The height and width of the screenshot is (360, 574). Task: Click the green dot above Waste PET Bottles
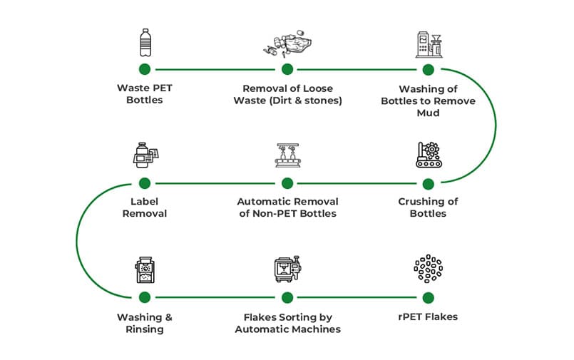(145, 69)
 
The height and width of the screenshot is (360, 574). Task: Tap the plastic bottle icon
(145, 42)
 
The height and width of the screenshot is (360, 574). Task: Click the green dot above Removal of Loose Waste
(287, 69)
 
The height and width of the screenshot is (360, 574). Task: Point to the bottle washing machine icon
(428, 44)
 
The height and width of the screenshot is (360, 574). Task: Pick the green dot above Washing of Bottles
(428, 69)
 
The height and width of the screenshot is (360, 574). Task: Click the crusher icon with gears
(428, 155)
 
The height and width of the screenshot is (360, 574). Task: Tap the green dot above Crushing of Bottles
(428, 183)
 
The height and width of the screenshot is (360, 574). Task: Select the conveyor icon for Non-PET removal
(287, 155)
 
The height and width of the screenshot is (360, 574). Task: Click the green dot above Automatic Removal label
(287, 183)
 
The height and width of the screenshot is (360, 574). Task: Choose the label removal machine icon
(145, 155)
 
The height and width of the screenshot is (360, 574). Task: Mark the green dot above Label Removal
(145, 183)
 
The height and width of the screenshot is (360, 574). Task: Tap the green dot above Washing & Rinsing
(145, 297)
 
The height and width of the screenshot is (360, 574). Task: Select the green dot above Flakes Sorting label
(287, 297)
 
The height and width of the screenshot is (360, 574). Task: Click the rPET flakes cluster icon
(428, 268)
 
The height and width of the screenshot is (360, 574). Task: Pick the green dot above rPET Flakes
(428, 297)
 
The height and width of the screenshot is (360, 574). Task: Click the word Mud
(428, 113)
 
